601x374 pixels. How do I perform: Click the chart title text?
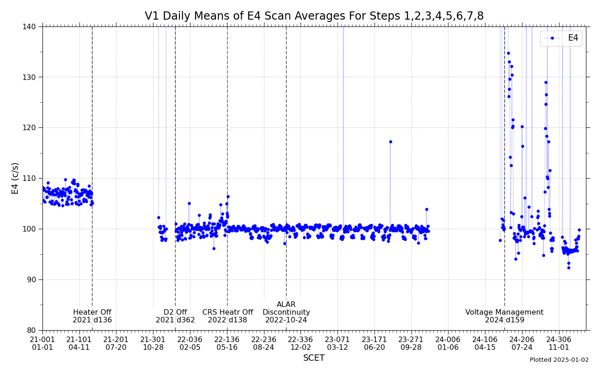314,16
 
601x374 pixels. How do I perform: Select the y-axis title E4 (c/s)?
16,178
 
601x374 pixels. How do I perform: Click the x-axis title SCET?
314,358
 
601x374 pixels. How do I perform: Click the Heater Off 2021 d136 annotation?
92,316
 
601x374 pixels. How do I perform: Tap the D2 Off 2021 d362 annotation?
175,316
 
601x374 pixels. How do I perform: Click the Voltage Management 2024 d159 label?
504,316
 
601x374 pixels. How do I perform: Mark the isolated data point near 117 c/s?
390,142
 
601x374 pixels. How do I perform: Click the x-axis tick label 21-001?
42,343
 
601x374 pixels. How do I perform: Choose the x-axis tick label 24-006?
448,343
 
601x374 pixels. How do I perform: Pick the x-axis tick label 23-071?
337,343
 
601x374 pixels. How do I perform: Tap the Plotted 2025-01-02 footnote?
559,360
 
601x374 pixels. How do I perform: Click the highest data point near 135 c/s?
508,53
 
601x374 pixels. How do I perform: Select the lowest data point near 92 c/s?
569,268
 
